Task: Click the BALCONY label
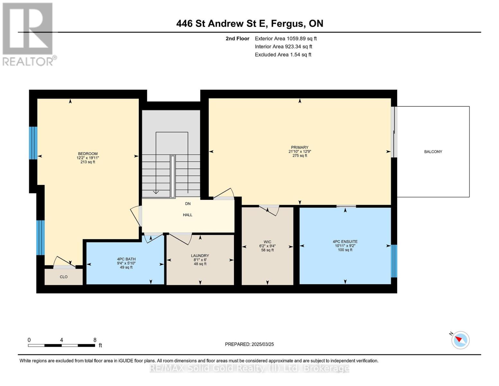click(x=433, y=152)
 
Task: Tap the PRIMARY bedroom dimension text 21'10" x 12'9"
click(x=300, y=152)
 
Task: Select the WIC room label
click(x=267, y=242)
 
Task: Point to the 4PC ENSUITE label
click(x=345, y=241)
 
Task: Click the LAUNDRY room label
click(x=200, y=255)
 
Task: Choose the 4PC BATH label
click(x=126, y=259)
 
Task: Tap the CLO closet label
click(x=64, y=277)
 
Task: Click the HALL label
click(x=187, y=215)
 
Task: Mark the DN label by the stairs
click(x=188, y=204)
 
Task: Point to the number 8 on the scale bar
click(x=95, y=340)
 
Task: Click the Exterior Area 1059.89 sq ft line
click(x=286, y=39)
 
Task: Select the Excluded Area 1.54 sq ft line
click(x=283, y=55)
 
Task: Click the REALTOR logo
click(x=29, y=34)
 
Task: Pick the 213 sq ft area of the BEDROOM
click(x=88, y=162)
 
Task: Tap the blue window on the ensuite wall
click(x=394, y=261)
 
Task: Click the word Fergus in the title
click(x=288, y=24)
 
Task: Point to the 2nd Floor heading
click(x=237, y=39)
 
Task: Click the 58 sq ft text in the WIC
click(x=267, y=250)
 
